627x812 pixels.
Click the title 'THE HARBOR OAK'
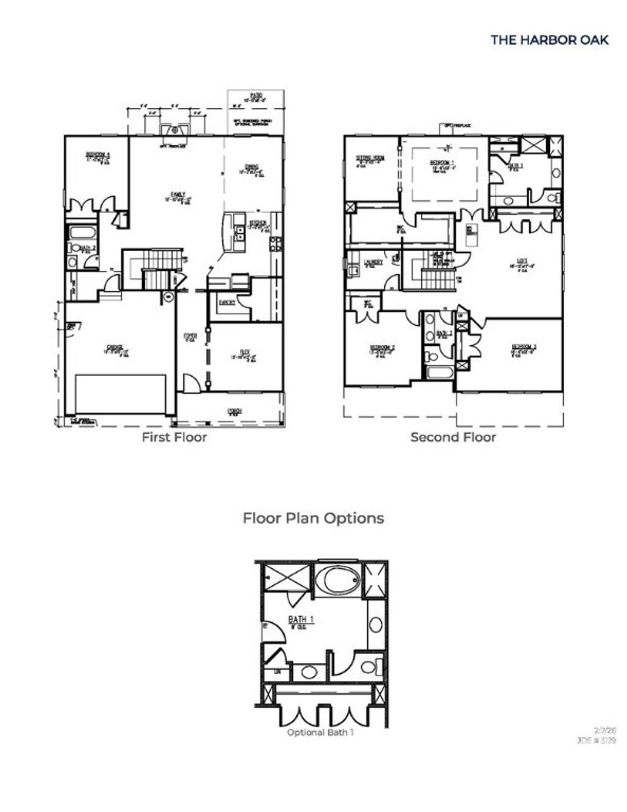549,40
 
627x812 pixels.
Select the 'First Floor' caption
174,437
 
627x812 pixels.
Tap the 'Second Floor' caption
453,437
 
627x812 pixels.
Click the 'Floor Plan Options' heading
313,518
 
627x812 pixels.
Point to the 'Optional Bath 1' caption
320,732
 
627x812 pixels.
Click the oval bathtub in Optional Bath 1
339,579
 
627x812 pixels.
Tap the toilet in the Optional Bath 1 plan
370,666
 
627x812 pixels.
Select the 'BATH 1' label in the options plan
301,621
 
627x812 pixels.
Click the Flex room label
244,354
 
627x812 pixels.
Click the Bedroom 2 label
381,349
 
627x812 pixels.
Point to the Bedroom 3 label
524,348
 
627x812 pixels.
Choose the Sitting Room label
370,160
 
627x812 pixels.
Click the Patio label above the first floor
255,96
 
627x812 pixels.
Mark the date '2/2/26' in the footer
604,730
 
